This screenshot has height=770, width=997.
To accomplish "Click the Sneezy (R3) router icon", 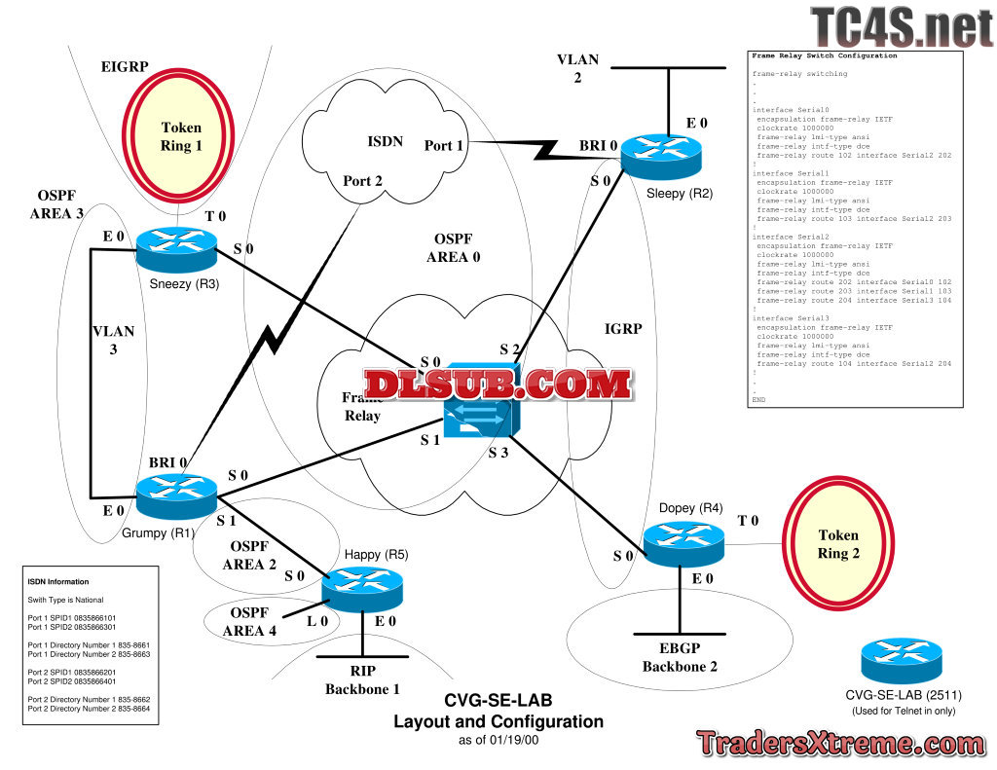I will (x=176, y=249).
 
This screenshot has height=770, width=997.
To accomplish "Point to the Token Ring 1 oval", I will (x=181, y=135).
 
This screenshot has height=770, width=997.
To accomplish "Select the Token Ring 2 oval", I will (x=838, y=544).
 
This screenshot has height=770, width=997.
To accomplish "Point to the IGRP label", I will (x=623, y=329).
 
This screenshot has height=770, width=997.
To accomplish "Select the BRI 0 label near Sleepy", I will (x=599, y=146).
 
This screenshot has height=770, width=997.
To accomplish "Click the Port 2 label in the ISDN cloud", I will (x=363, y=180).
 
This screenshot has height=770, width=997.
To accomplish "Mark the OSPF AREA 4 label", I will (x=252, y=621).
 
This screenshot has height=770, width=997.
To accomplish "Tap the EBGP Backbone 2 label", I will (x=681, y=657).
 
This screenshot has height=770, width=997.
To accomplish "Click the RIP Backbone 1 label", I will (x=362, y=679).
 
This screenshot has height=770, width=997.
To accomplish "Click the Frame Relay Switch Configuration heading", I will (x=825, y=56).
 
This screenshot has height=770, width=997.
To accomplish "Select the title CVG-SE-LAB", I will (x=498, y=701).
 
